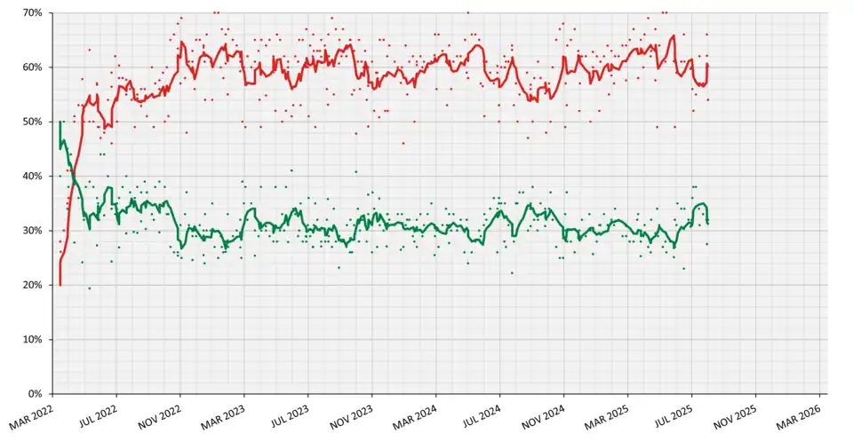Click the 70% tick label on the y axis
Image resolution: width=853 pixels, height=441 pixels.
(x=34, y=13)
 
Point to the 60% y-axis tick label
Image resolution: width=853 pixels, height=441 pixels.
(x=34, y=67)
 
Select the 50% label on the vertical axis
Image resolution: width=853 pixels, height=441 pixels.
(x=34, y=122)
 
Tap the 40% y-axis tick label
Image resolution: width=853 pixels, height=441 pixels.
(x=34, y=177)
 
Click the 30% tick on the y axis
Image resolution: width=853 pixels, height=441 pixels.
(x=34, y=231)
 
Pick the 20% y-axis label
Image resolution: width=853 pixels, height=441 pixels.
(x=34, y=285)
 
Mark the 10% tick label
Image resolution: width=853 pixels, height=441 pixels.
(x=34, y=340)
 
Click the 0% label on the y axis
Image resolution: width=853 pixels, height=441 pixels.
(x=37, y=394)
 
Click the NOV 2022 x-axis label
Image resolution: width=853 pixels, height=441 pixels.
(x=161, y=413)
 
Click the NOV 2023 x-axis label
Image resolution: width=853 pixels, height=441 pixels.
(x=353, y=413)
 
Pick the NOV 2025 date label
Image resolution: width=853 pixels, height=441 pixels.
(x=737, y=413)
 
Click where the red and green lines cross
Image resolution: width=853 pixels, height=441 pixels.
(x=73, y=178)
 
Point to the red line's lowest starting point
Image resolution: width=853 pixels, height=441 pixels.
(x=60, y=284)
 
